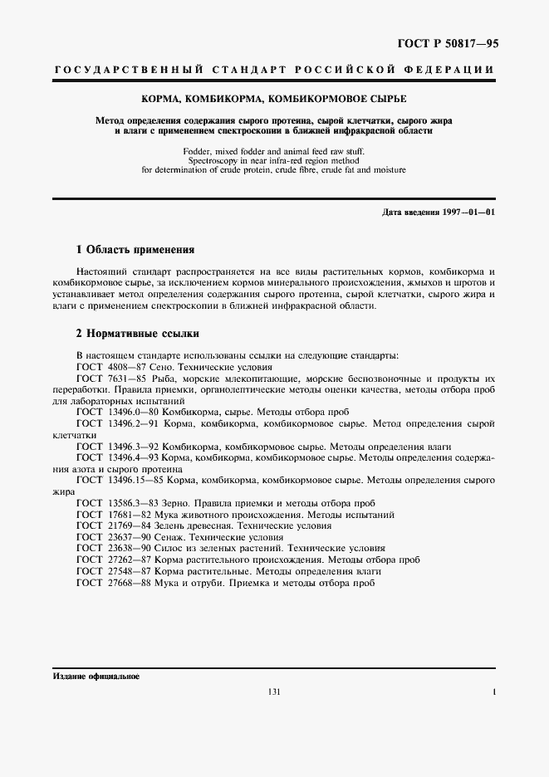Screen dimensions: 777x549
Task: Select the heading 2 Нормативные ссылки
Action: pos(137,335)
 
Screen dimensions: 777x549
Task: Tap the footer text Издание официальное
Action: pos(96,677)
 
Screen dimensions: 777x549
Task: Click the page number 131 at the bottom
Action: pos(275,692)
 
